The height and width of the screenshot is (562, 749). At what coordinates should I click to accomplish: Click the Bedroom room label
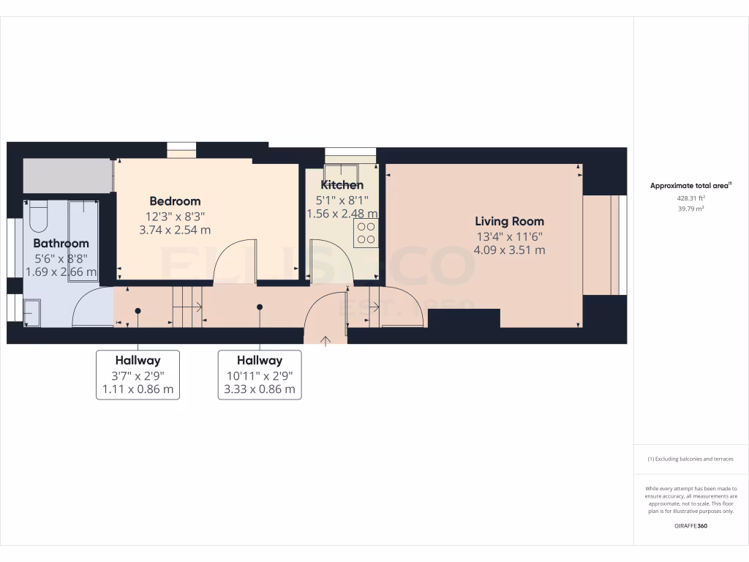click(175, 201)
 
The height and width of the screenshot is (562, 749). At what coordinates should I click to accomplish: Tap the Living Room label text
click(509, 221)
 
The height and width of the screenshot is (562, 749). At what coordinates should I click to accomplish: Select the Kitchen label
click(342, 185)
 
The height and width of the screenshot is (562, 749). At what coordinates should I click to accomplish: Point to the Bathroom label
click(61, 243)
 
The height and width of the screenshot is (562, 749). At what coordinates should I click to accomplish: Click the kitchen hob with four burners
click(366, 233)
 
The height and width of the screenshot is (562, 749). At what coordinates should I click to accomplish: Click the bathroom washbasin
click(31, 312)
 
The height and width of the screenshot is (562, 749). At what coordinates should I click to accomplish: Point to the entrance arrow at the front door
click(325, 339)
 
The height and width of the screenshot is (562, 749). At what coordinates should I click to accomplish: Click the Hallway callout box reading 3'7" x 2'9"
click(138, 375)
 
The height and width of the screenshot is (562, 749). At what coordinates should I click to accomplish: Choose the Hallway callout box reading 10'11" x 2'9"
click(260, 375)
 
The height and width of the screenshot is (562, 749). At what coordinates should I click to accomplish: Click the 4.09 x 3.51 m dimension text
click(509, 250)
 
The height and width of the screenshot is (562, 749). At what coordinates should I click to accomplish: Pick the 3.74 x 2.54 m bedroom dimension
click(175, 230)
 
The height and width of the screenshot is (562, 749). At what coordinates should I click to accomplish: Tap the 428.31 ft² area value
click(691, 198)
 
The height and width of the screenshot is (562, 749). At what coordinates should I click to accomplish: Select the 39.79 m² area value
click(691, 209)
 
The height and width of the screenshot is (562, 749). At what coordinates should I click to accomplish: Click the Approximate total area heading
click(691, 186)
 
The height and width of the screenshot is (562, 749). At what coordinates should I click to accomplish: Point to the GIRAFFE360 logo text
click(691, 525)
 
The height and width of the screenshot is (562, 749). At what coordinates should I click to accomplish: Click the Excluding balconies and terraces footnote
click(691, 459)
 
